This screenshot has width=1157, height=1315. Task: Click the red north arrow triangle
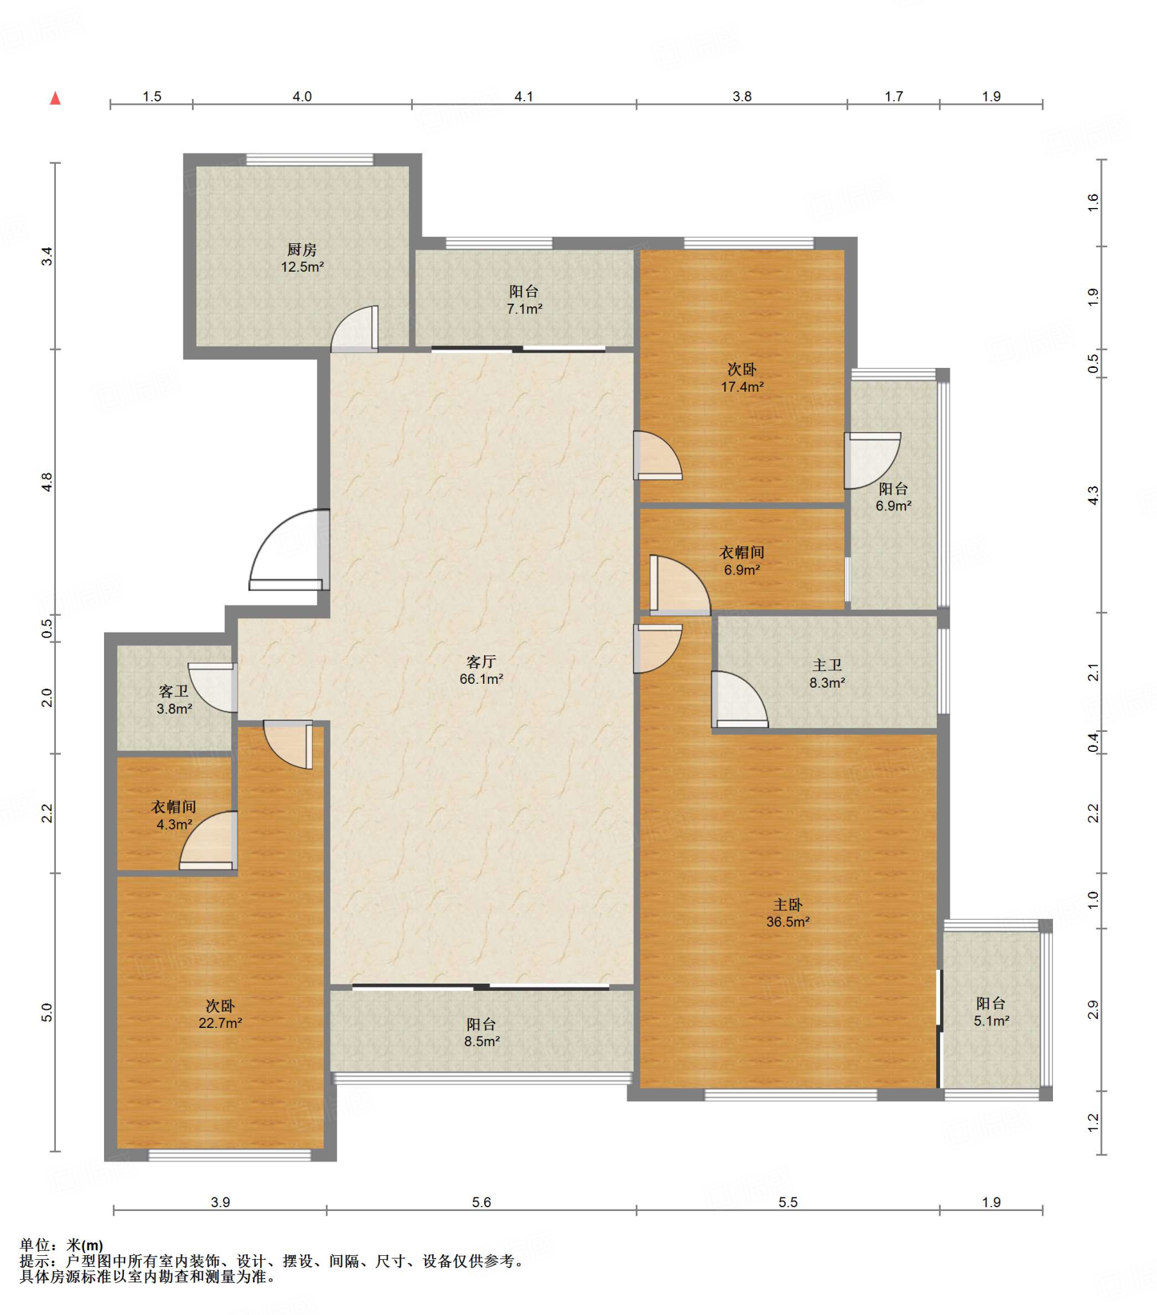click(55, 98)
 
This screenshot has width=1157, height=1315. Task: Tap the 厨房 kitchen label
click(302, 249)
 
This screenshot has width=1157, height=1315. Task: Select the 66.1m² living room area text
click(482, 679)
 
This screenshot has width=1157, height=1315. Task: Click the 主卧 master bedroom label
click(788, 905)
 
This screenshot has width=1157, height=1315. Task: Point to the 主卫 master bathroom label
click(827, 665)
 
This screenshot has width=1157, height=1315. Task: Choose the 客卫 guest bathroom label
click(174, 692)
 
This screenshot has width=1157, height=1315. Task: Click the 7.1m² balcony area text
click(525, 309)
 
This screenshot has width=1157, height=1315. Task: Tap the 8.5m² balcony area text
click(482, 1041)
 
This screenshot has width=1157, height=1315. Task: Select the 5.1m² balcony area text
click(991, 1020)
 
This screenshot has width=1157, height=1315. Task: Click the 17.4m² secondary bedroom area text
click(742, 387)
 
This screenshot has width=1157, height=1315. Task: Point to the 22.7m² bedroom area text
click(220, 1023)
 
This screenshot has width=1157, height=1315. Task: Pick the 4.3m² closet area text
click(175, 824)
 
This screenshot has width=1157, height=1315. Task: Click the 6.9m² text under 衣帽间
click(742, 570)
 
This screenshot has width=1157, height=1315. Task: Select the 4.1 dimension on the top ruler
click(524, 96)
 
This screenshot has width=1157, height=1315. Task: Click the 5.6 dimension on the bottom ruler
click(482, 1202)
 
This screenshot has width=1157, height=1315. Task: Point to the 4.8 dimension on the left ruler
click(47, 482)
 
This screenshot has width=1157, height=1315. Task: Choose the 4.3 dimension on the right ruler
click(1093, 496)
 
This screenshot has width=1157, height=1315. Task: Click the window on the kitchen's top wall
click(309, 159)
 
